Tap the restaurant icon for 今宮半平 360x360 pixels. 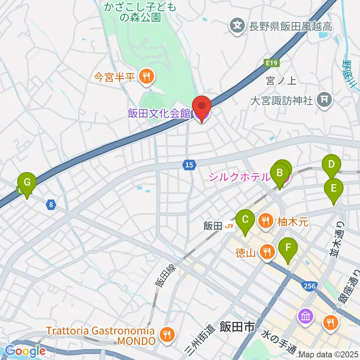[144, 77]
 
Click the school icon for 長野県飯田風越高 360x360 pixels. [237, 26]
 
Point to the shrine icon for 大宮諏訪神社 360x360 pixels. [323, 100]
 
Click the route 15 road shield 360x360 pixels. [190, 164]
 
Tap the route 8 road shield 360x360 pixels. [51, 205]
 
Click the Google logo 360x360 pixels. [25, 351]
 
